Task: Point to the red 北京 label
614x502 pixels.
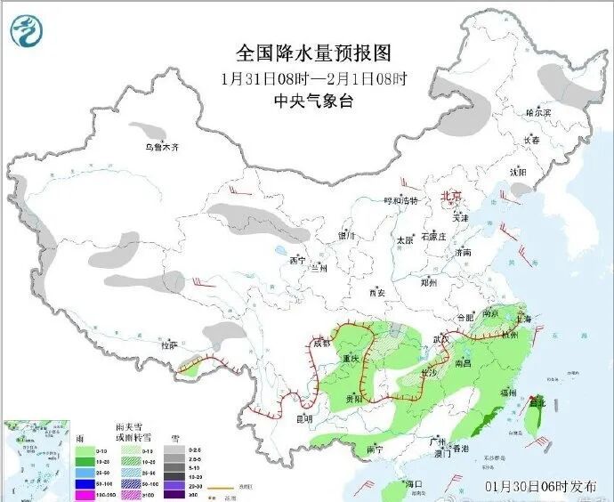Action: [453, 196]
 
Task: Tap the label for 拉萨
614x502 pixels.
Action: [169, 344]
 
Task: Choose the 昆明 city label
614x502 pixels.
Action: [305, 417]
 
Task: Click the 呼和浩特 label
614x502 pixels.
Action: [400, 201]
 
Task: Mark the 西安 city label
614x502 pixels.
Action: [376, 292]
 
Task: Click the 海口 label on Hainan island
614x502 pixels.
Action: [413, 483]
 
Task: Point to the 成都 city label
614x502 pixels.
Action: [322, 343]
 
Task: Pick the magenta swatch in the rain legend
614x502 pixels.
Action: [85, 495]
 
